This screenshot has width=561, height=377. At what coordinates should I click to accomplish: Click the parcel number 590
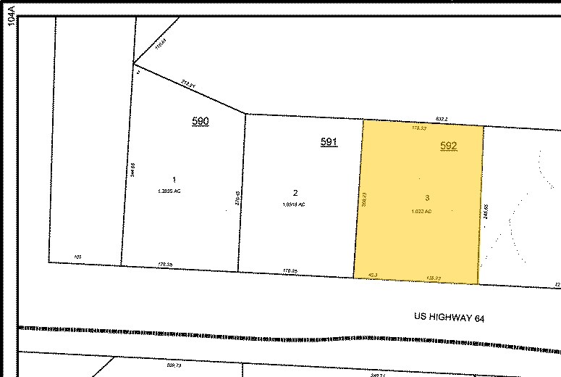(x=201, y=121)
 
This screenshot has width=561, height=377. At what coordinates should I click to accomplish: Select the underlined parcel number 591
(x=329, y=142)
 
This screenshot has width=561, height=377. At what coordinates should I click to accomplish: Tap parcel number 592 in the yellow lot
(x=450, y=146)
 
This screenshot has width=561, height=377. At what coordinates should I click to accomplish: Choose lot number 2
(x=295, y=193)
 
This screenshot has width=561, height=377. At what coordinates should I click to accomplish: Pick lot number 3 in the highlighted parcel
(x=427, y=198)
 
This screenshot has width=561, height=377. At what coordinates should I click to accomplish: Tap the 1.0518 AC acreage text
(x=294, y=204)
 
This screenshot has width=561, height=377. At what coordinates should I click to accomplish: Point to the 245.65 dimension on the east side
(x=486, y=212)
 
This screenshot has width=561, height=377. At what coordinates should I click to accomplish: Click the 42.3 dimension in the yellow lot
(x=374, y=275)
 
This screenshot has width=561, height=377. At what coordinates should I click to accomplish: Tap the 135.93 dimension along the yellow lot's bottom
(x=433, y=277)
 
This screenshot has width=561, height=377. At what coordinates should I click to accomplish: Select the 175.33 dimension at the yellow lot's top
(x=419, y=128)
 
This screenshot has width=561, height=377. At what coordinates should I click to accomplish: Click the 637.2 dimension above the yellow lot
(x=442, y=118)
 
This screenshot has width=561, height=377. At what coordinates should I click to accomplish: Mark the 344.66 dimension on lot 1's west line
(x=133, y=169)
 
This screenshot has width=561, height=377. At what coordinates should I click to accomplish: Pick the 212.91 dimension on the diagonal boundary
(x=190, y=83)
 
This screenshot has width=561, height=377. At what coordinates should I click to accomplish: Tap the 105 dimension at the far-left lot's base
(x=78, y=256)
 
